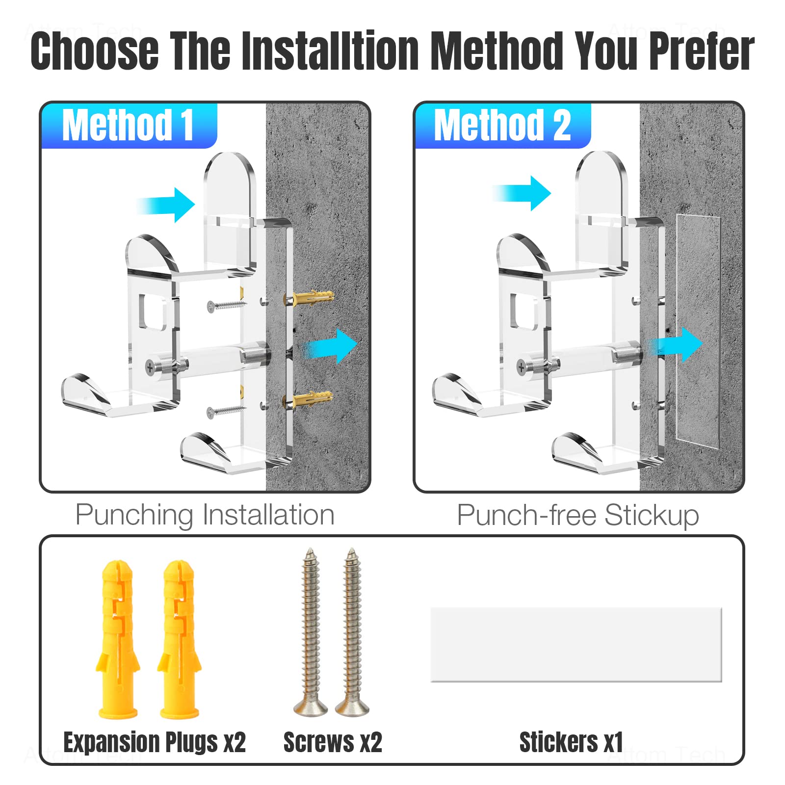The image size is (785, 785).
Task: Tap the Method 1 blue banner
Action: (129, 126)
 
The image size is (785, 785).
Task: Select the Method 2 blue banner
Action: (503, 126)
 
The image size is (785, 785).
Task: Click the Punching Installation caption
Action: (205, 516)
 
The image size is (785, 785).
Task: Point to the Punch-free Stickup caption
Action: (578, 516)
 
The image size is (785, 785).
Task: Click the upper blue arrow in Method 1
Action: (166, 205)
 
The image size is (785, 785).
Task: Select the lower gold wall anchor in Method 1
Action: (308, 399)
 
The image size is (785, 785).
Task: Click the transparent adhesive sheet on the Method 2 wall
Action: (698, 331)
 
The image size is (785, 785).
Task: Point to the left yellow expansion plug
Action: (117, 639)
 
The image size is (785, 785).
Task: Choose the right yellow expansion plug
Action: (179, 639)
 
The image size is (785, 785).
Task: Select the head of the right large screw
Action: (352, 707)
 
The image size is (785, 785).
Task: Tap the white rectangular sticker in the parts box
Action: (576, 644)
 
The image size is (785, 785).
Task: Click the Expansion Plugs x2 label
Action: (155, 742)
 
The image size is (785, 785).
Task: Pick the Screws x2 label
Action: (333, 742)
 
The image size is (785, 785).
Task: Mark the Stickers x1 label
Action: (571, 742)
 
